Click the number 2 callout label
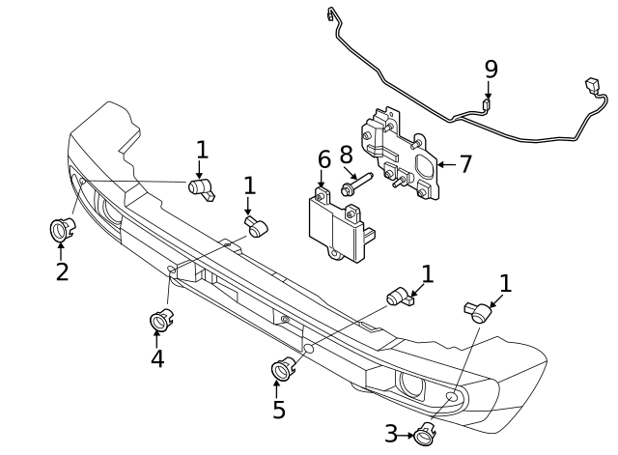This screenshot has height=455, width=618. (x=62, y=271)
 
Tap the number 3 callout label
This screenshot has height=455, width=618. (x=391, y=434)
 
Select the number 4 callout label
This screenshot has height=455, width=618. (x=156, y=358)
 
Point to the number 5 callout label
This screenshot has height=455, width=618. (x=279, y=410)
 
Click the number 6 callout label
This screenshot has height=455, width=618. (x=323, y=159)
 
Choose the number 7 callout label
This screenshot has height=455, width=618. (x=465, y=164)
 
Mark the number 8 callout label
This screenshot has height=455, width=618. (x=347, y=155)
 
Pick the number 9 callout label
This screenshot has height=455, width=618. (x=492, y=70)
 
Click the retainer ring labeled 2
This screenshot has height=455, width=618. (x=62, y=230)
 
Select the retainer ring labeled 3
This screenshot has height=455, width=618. (x=424, y=434)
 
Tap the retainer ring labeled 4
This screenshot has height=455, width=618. (x=159, y=319)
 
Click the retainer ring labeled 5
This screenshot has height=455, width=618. (x=283, y=367)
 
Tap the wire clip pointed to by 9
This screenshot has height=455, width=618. (x=487, y=105)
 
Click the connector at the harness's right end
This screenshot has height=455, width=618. (x=592, y=89)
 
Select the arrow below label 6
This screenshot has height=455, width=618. (x=323, y=181)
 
